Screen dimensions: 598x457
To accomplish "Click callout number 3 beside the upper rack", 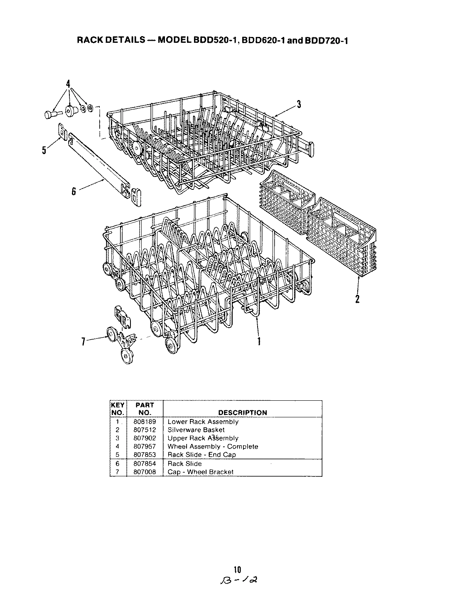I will [x=299, y=105].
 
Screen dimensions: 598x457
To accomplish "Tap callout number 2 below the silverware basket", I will [x=357, y=298].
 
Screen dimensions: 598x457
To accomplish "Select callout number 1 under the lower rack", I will [x=259, y=341].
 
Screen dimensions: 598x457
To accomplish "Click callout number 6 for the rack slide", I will [x=74, y=191].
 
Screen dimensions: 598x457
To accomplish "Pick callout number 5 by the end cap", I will [x=44, y=150].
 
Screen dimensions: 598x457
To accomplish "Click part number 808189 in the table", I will [x=145, y=422].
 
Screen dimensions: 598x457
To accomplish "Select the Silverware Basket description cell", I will [x=196, y=430].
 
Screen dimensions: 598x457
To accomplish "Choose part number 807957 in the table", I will [x=145, y=446].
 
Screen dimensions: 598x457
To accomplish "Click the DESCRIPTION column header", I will [x=243, y=413].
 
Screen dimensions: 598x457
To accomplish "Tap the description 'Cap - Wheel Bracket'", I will [x=200, y=472].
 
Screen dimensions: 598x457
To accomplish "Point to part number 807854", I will [x=145, y=463].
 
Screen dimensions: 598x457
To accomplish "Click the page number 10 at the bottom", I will [x=237, y=569].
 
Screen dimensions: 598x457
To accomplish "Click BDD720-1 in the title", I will [x=326, y=41].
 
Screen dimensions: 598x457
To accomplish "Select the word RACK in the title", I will [x=89, y=41].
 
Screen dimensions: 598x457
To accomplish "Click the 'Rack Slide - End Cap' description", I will [x=201, y=455].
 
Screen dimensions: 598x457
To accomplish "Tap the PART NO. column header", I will [x=145, y=409].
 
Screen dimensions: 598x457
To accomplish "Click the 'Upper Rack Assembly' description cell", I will [x=203, y=438].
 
